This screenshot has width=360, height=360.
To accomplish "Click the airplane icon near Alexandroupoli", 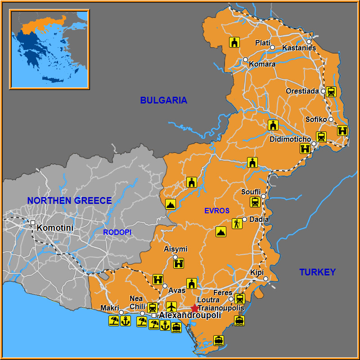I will [x=171, y=307].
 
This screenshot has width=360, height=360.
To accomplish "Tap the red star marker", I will [x=194, y=308].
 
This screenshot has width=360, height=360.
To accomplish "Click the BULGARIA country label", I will [x=163, y=100].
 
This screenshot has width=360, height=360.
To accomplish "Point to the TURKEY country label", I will [x=317, y=272].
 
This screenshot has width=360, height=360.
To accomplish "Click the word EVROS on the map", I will [x=216, y=211].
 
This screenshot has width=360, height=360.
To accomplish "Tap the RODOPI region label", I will [x=117, y=232].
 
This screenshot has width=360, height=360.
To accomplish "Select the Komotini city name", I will [x=55, y=228].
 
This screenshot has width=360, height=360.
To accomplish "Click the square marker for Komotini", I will [x=32, y=223].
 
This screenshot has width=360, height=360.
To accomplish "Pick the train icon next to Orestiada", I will [x=331, y=92].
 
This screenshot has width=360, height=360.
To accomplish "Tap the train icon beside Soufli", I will [x=255, y=202].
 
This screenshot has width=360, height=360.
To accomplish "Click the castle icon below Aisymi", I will [x=179, y=263].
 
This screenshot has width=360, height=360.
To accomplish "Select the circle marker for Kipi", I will [x=265, y=279].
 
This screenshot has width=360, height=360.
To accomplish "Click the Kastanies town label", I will [x=299, y=48].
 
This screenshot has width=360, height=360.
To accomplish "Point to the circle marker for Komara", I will [x=245, y=59].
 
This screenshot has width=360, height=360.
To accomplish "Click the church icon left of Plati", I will [x=234, y=42].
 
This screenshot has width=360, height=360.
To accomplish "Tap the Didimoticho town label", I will [x=290, y=139].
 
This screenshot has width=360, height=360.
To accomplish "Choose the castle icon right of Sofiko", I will [x=342, y=130].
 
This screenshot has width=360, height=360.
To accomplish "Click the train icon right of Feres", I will [x=240, y=298].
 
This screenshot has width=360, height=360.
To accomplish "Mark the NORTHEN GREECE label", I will [x=69, y=201].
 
